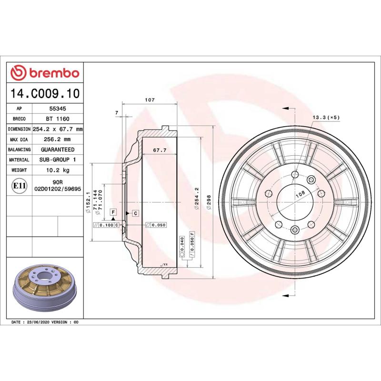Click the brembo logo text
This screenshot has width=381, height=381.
tap(53, 73)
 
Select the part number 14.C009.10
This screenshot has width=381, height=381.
tap(45, 93)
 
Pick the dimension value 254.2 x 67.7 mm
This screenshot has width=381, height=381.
tap(58, 129)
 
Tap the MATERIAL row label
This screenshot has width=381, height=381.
tap(20, 160)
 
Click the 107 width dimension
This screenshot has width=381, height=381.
tap(150, 100)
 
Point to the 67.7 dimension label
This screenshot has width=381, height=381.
tap(160, 150)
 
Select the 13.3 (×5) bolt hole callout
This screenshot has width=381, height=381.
tap(326, 117)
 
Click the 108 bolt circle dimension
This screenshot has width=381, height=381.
tap(301, 194)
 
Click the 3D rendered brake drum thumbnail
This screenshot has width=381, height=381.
tap(44, 290)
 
